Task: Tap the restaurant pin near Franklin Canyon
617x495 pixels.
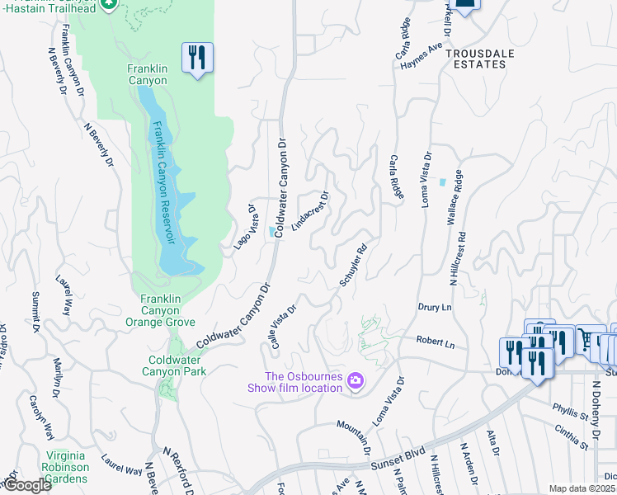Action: click(197, 58)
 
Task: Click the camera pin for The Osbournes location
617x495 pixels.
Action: click(356, 380)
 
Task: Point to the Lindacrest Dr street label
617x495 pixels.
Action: click(310, 212)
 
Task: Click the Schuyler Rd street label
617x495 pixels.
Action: click(352, 265)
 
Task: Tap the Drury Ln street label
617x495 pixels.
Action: click(435, 307)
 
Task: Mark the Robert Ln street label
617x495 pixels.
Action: click(435, 342)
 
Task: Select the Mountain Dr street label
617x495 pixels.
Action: click(353, 436)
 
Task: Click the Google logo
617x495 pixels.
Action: click(27, 486)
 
